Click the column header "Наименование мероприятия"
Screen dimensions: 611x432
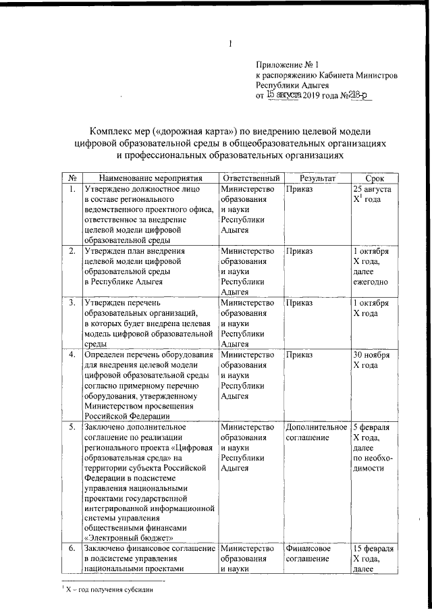[x=148, y=177]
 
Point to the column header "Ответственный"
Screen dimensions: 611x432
[x=250, y=177]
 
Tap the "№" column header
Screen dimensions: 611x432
[x=72, y=177]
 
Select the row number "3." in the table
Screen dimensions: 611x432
[x=72, y=303]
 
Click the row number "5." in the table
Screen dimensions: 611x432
[x=72, y=427]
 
